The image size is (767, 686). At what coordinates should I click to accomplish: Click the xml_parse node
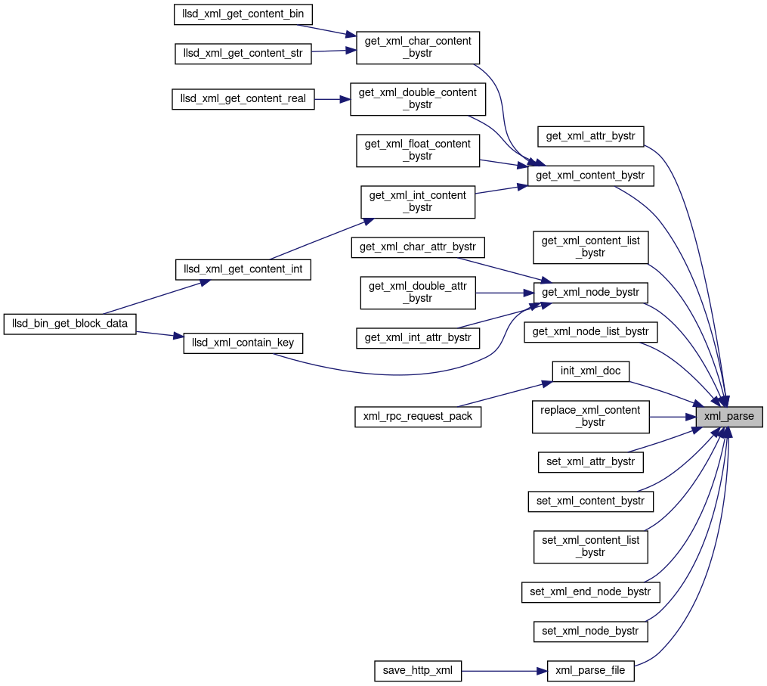point(729,416)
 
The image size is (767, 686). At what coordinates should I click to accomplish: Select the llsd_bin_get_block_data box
point(70,324)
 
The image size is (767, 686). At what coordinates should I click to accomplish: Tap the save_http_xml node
point(418,670)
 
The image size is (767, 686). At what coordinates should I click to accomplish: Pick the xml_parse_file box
point(590,670)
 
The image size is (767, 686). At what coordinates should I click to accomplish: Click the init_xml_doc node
point(591,371)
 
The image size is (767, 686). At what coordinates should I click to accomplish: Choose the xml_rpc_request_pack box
point(418,416)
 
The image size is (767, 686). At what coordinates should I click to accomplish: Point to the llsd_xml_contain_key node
point(243,343)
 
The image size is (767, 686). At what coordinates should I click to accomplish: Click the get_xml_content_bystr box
point(590,175)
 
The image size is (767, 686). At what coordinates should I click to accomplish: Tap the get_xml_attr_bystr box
point(590,136)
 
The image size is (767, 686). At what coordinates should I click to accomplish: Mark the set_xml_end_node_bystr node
point(590,591)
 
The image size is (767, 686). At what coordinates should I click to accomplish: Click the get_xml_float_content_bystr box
point(418,150)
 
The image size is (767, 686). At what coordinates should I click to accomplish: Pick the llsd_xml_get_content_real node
point(243,99)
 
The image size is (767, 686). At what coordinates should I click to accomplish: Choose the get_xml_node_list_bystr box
point(591,331)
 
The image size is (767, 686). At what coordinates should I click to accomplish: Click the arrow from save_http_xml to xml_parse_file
point(503,670)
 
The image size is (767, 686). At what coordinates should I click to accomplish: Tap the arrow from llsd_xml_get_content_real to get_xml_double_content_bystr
point(332,99)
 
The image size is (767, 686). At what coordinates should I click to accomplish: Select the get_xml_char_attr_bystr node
point(418,247)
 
